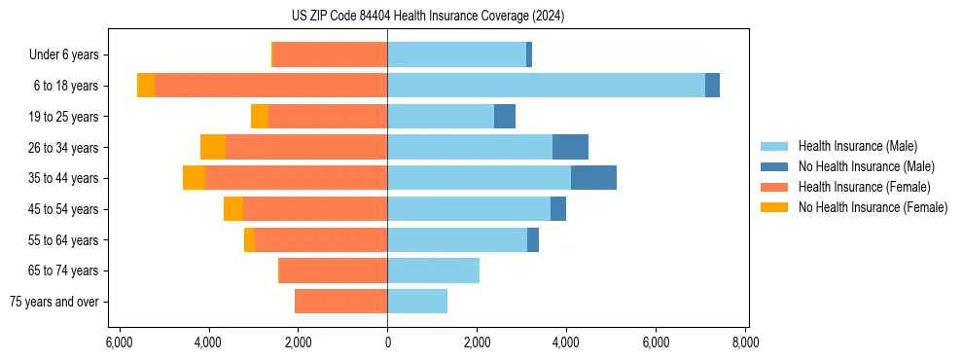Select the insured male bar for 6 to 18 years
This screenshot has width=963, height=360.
[x=546, y=86]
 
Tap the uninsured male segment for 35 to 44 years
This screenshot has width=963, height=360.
[x=593, y=178]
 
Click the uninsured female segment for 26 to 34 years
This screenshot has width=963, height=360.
[x=213, y=147]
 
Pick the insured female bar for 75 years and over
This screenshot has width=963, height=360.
[x=340, y=302]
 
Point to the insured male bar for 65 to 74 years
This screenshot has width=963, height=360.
[x=433, y=270]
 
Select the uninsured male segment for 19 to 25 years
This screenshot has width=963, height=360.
[x=505, y=117]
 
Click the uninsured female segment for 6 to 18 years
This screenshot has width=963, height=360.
[x=146, y=86]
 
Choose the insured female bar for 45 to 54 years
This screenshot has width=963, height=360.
[x=315, y=209]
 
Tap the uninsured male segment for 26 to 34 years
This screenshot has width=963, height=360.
[x=570, y=147]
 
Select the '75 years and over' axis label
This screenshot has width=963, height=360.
[x=53, y=302]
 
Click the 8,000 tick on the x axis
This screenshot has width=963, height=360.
[x=746, y=343]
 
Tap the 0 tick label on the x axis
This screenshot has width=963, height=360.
[x=387, y=343]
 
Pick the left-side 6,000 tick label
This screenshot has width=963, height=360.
[x=118, y=343]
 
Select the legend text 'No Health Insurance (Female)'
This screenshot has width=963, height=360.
[x=873, y=207]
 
